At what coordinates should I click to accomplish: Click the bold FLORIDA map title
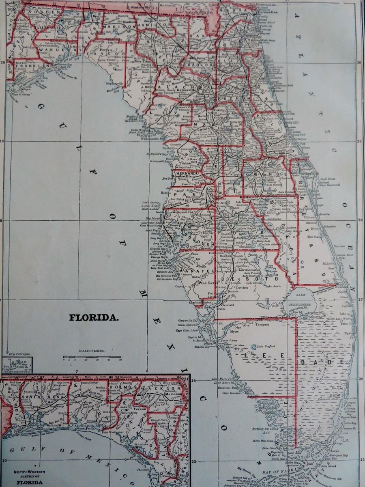(94, 317)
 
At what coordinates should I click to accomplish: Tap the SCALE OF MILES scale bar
(92, 358)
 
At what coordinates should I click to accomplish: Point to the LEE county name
(264, 356)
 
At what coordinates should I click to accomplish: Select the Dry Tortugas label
(18, 354)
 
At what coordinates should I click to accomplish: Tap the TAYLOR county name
(110, 54)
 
